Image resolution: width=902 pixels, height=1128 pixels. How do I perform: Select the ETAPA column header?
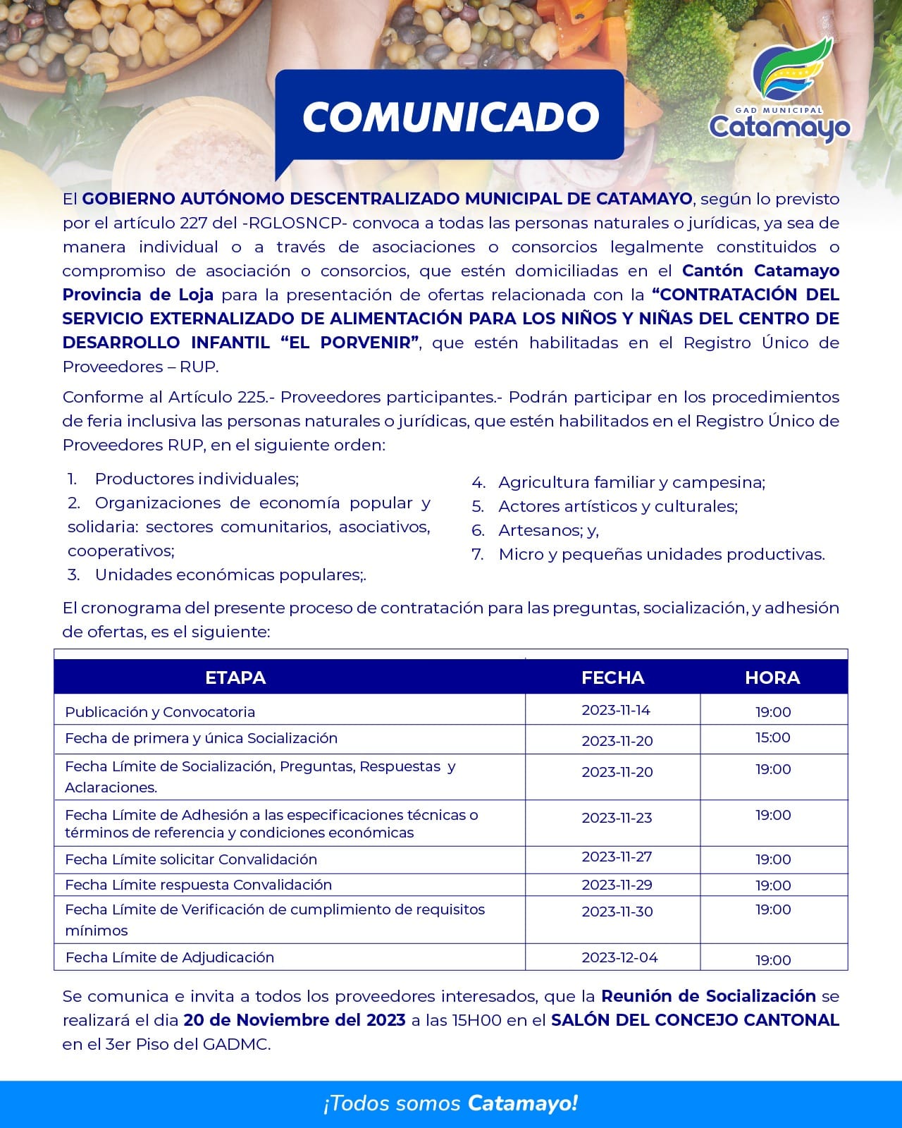click(x=235, y=678)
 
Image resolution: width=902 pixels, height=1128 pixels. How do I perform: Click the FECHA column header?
click(x=612, y=678)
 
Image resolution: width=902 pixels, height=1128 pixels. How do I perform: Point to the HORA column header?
click(x=772, y=678)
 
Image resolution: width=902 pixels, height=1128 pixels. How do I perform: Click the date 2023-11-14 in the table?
click(x=616, y=710)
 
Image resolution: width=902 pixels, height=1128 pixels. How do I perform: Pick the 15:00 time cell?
click(x=773, y=737)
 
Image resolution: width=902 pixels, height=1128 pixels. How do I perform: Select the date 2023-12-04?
click(x=619, y=957)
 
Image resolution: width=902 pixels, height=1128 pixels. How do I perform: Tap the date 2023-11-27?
click(x=617, y=857)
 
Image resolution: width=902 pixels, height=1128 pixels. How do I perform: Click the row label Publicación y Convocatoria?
click(x=160, y=712)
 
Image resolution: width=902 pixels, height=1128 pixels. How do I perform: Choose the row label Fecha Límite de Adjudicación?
click(x=170, y=957)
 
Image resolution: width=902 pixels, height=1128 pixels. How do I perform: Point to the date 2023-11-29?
click(x=617, y=885)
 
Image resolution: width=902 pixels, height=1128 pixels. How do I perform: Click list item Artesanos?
click(x=548, y=530)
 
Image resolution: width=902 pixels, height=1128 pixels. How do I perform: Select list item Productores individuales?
click(x=197, y=479)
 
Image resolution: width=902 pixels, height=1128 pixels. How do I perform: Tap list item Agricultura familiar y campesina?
click(x=631, y=482)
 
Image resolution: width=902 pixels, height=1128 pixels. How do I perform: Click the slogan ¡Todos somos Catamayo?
click(x=451, y=1103)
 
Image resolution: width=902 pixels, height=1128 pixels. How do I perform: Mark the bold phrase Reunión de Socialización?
click(x=708, y=996)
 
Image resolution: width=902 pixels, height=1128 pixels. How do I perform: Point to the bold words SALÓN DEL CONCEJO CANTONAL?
click(x=695, y=1020)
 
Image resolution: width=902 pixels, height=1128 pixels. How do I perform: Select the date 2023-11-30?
click(x=617, y=912)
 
